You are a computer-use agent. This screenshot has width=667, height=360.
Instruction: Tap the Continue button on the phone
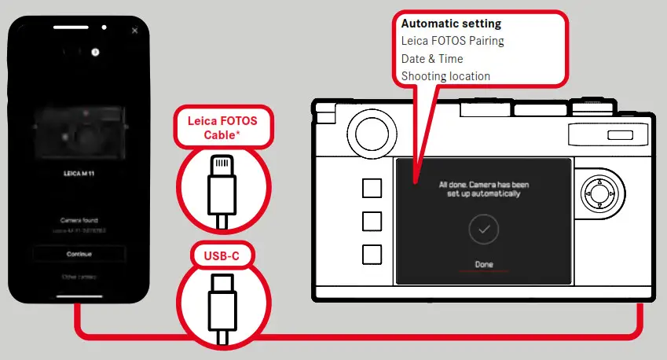[x=79, y=254]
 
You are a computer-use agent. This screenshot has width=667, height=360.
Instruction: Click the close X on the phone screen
[x=135, y=31]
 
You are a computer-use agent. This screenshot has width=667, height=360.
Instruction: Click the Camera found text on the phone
[x=79, y=221]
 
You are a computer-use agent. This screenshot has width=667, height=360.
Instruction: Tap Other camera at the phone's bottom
[x=79, y=277]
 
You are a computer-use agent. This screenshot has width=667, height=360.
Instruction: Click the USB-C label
[x=222, y=255]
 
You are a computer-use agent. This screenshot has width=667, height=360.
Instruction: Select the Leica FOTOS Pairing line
[x=453, y=42]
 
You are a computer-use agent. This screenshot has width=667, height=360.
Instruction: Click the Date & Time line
[x=432, y=59]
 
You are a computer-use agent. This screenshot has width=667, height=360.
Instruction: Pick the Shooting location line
[x=445, y=76]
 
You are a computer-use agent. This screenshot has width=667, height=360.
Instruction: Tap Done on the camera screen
[x=484, y=264]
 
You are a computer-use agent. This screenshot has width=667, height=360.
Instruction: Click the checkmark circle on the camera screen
[x=484, y=230]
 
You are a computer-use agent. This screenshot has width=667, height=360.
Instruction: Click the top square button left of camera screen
[x=372, y=188]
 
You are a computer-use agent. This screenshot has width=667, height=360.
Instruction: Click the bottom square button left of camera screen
[x=372, y=254]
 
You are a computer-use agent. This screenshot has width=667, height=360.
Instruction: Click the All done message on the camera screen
[x=484, y=189]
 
